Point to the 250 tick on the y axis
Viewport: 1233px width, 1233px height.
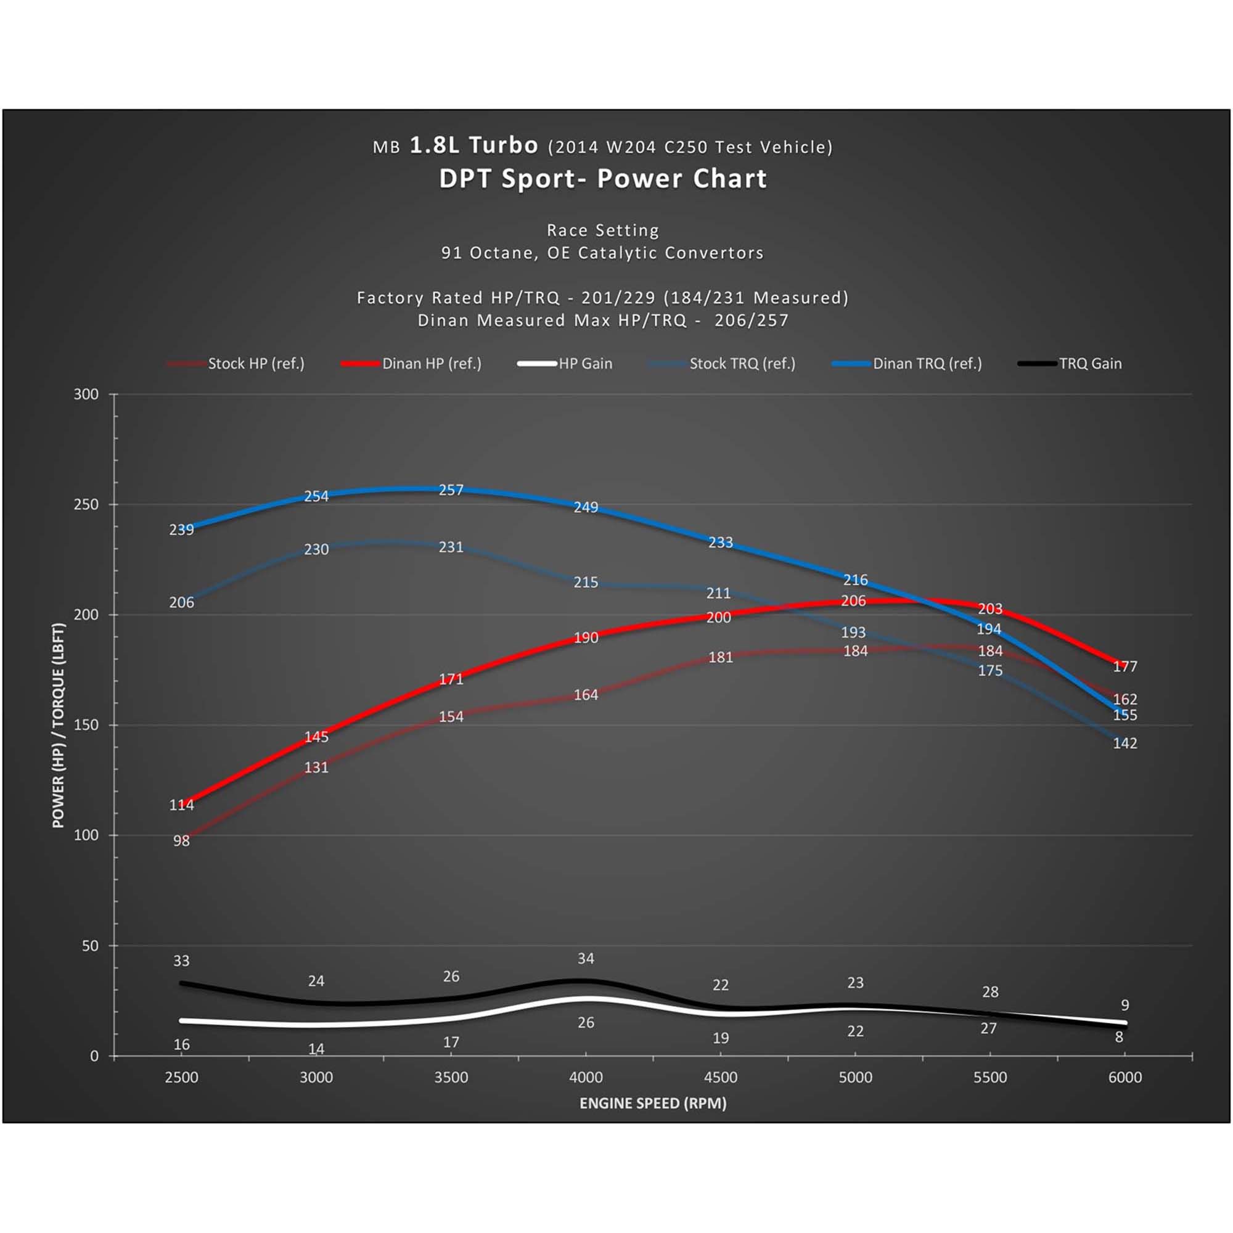(86, 504)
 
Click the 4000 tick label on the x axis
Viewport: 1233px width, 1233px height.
(585, 1077)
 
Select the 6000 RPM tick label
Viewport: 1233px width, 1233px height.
(1124, 1077)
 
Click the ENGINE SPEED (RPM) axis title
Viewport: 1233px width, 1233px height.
(652, 1104)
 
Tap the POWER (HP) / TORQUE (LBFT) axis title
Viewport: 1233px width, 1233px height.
(58, 725)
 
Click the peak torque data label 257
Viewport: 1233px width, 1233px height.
(451, 490)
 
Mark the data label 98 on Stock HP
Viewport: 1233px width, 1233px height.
(181, 841)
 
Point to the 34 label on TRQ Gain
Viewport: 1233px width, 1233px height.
(585, 959)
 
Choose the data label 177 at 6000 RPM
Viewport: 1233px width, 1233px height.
(1124, 667)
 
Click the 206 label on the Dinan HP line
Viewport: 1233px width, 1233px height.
(853, 601)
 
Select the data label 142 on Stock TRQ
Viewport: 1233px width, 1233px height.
(1124, 743)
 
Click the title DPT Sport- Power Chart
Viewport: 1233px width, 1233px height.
(602, 179)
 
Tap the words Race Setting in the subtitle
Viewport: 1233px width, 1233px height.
(602, 231)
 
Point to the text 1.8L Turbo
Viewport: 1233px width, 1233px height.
(473, 145)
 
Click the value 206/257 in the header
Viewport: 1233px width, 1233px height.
(751, 321)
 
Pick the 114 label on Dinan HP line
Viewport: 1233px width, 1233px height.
(181, 805)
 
